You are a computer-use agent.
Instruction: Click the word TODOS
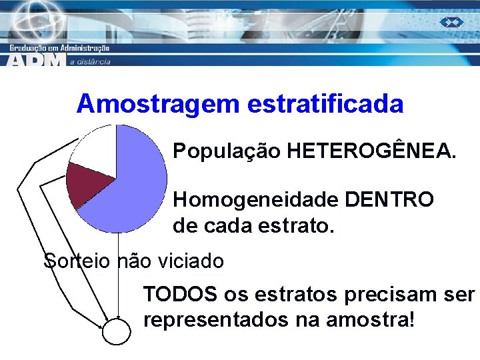(x=180, y=294)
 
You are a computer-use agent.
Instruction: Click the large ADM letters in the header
(x=37, y=60)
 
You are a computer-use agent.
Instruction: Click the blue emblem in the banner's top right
(x=451, y=23)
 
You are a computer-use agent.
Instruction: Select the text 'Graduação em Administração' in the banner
(x=60, y=48)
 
